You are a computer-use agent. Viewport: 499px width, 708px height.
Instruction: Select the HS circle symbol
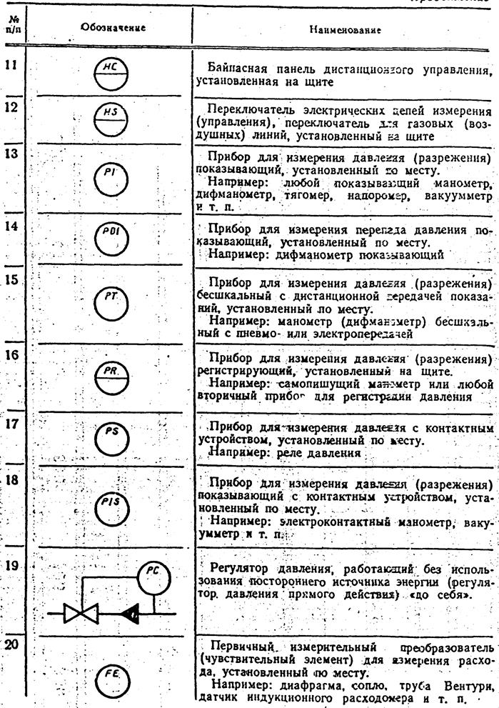pyautogui.click(x=111, y=117)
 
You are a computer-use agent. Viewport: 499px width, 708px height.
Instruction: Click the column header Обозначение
pyautogui.click(x=114, y=29)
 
